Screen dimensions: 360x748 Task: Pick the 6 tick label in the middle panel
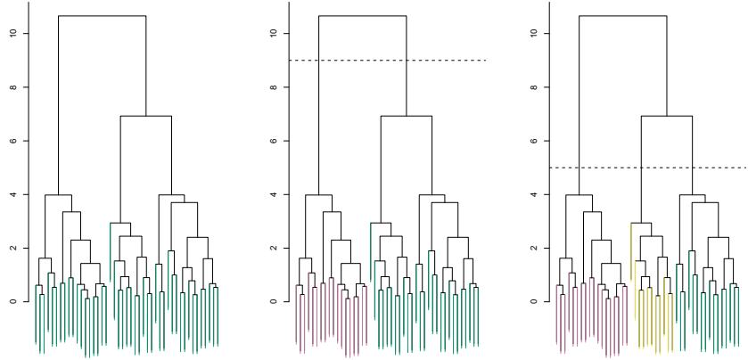[277, 141]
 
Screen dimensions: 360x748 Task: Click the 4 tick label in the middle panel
[277, 194]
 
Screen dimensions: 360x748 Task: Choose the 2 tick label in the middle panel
[277, 248]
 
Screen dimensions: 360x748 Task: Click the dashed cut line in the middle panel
[446, 61]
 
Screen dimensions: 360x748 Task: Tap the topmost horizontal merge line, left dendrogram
[102, 16]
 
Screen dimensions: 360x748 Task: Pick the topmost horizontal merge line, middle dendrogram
[362, 16]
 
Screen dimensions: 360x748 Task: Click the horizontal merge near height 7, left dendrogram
[145, 116]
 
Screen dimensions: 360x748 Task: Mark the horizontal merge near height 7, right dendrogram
[666, 116]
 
